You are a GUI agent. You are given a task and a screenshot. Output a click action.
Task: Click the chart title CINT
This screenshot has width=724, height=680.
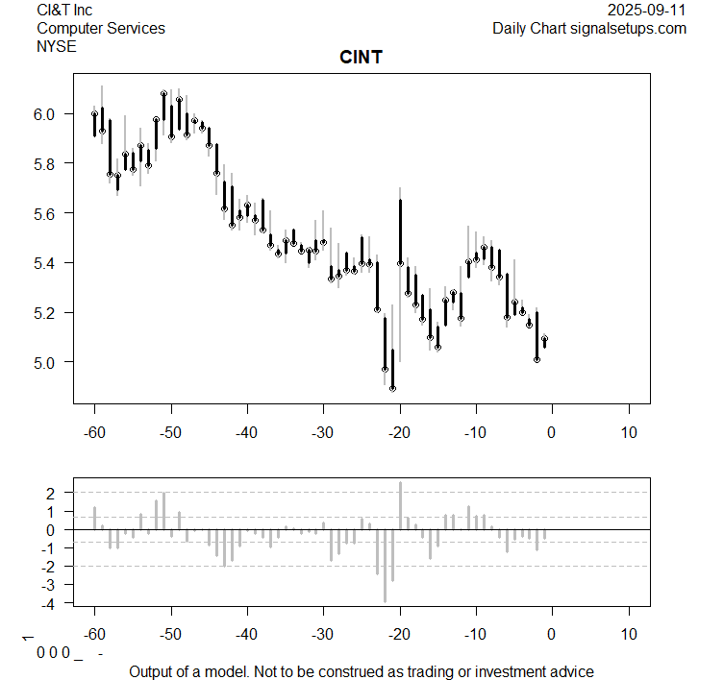coord(361,58)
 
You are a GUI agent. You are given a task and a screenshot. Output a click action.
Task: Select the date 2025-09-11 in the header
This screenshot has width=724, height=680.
coord(647,10)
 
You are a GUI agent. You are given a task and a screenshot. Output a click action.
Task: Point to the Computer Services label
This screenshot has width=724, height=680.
coord(101,28)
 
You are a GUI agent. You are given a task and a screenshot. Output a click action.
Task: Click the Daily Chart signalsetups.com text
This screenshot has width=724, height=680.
coord(589,28)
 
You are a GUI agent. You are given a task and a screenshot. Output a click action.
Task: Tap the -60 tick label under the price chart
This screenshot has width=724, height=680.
coord(94,431)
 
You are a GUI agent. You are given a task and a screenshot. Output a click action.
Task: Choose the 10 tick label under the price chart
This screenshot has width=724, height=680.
coord(629,431)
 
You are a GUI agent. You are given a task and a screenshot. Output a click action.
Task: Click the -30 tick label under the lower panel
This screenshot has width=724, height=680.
coord(323,634)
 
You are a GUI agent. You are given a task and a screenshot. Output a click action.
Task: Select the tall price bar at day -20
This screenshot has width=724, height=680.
coord(400,231)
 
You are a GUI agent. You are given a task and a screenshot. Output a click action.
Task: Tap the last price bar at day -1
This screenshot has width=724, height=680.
coord(544,341)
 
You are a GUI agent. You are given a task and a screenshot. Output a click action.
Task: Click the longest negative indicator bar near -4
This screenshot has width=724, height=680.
coord(385,566)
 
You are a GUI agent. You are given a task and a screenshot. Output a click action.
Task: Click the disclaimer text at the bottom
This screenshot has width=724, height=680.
coord(362,671)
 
